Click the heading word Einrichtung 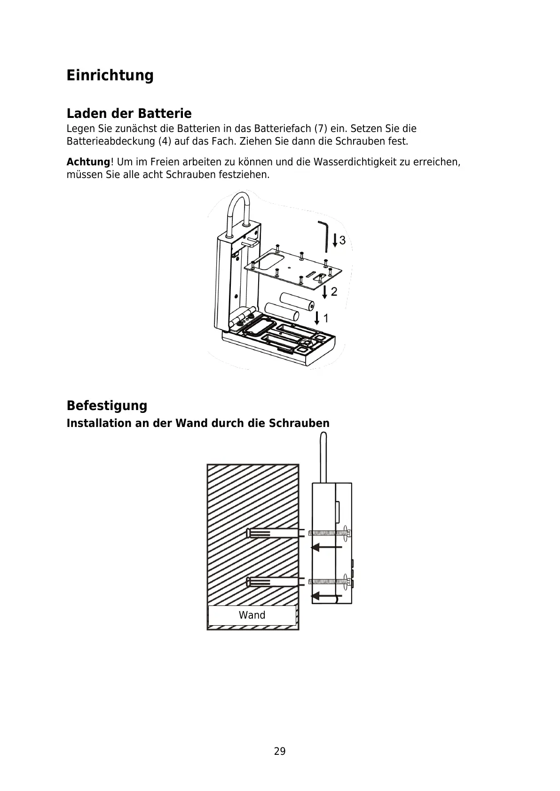click(x=110, y=75)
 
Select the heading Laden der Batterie click(x=129, y=113)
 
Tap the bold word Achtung click(x=88, y=162)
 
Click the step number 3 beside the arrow click(x=342, y=240)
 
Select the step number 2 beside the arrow click(x=334, y=292)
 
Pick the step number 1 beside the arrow click(x=326, y=318)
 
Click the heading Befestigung click(x=107, y=405)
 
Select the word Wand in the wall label click(x=252, y=615)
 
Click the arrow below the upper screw click(x=327, y=547)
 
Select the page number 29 click(x=280, y=752)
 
